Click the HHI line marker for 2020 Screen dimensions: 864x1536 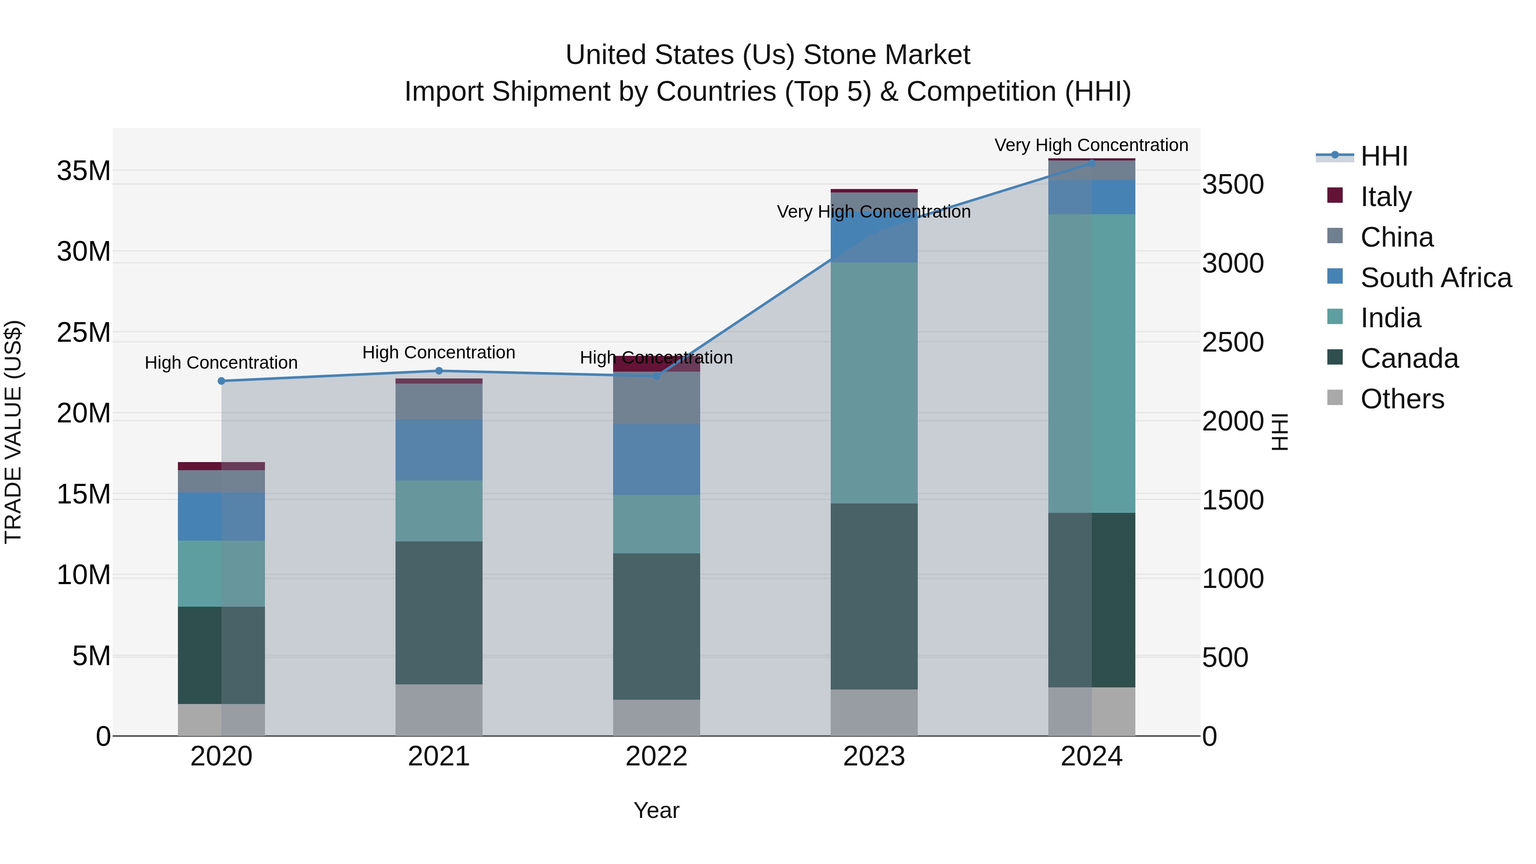pos(221,381)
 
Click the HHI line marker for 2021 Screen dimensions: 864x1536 pos(439,371)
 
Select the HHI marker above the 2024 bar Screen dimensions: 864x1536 pos(1092,162)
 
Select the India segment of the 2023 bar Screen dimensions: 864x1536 pos(874,383)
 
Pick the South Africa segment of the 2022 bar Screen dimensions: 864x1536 pos(657,459)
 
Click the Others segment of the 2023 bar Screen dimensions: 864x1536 pos(874,713)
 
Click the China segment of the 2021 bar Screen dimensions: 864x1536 pos(439,401)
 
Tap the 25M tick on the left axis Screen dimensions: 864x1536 pos(84,333)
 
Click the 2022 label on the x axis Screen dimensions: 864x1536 pos(657,756)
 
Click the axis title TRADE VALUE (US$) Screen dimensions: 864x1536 pos(14,432)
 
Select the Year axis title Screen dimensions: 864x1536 pos(657,810)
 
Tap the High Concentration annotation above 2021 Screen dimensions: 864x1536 pos(439,352)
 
